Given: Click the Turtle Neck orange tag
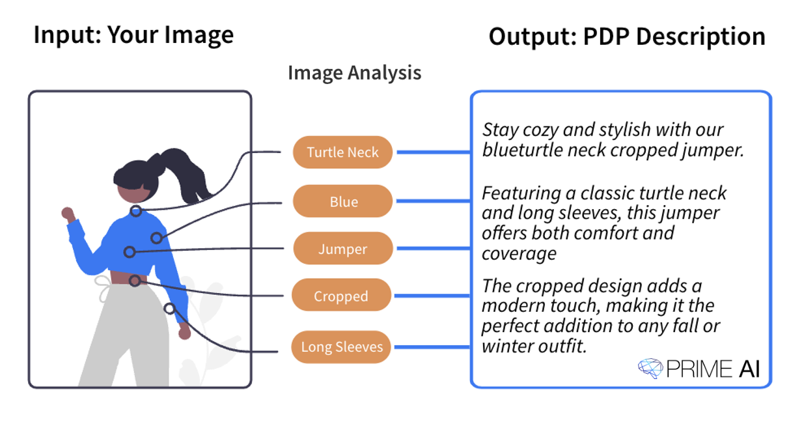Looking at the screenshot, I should click(x=342, y=152).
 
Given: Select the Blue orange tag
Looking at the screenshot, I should click(x=342, y=202).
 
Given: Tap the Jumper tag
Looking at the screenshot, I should click(x=342, y=249).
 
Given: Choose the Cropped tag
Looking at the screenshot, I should click(x=341, y=296).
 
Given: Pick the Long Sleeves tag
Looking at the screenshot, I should click(x=342, y=347).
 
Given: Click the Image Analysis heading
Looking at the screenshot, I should click(x=354, y=72).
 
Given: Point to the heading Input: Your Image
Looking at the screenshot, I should click(x=133, y=35).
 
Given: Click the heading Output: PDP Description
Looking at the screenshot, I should click(x=626, y=36).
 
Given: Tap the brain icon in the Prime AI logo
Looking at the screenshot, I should click(x=650, y=369).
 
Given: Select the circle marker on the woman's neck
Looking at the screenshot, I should click(x=135, y=211).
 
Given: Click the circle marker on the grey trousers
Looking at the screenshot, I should click(x=169, y=308).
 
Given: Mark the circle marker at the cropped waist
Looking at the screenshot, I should click(x=134, y=281).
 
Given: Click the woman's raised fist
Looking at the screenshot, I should click(x=67, y=213).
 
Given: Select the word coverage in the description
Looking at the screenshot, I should click(x=519, y=253).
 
